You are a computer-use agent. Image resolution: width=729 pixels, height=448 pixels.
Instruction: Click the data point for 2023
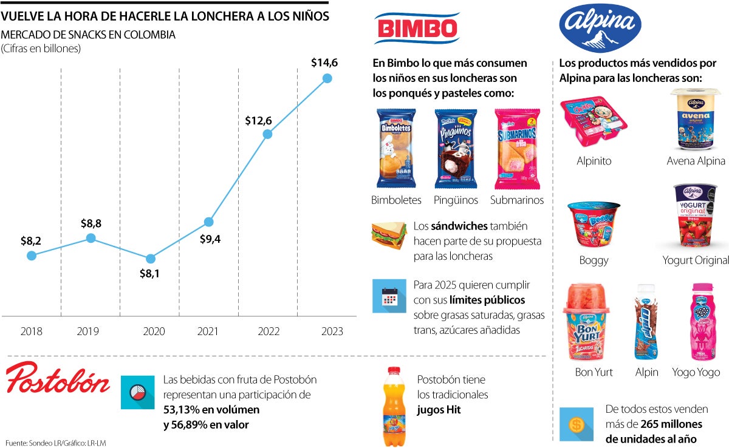pyautogui.click(x=327, y=78)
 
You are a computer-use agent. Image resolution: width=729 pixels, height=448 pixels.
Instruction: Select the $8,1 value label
pyautogui.click(x=149, y=274)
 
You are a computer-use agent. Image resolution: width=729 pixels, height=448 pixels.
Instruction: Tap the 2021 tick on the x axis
pyautogui.click(x=208, y=331)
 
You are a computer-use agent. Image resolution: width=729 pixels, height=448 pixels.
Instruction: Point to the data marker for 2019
pyautogui.click(x=91, y=238)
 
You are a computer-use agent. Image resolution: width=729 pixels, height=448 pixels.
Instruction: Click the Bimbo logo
pyautogui.click(x=416, y=28)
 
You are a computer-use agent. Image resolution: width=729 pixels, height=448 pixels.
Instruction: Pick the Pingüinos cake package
pyautogui.click(x=456, y=148)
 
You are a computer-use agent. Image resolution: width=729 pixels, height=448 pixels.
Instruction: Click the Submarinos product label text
pyautogui.click(x=517, y=200)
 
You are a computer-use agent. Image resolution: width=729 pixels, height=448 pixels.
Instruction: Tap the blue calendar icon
pyautogui.click(x=389, y=296)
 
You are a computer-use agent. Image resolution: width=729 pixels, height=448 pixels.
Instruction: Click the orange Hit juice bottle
pyautogui.click(x=394, y=406)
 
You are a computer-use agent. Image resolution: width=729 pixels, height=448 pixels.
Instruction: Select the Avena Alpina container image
pyautogui.click(x=695, y=119)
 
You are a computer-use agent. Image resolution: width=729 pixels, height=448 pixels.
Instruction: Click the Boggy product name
pyautogui.click(x=594, y=260)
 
